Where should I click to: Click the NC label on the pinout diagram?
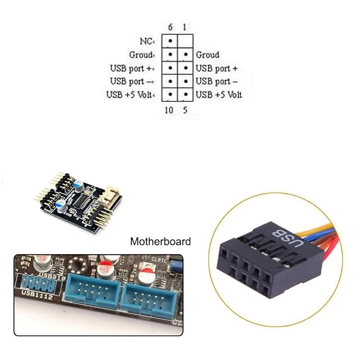[x=145, y=42]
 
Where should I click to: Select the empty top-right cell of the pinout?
[x=184, y=42]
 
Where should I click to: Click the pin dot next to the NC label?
[x=169, y=42]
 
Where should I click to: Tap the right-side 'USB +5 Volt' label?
[x=219, y=94]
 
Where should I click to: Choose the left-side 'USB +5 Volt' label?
[x=130, y=94]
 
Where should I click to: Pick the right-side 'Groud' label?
[x=208, y=55]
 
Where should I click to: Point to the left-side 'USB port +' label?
[x=133, y=68]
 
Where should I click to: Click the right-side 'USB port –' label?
[x=217, y=82]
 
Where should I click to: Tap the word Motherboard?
[x=160, y=242]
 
